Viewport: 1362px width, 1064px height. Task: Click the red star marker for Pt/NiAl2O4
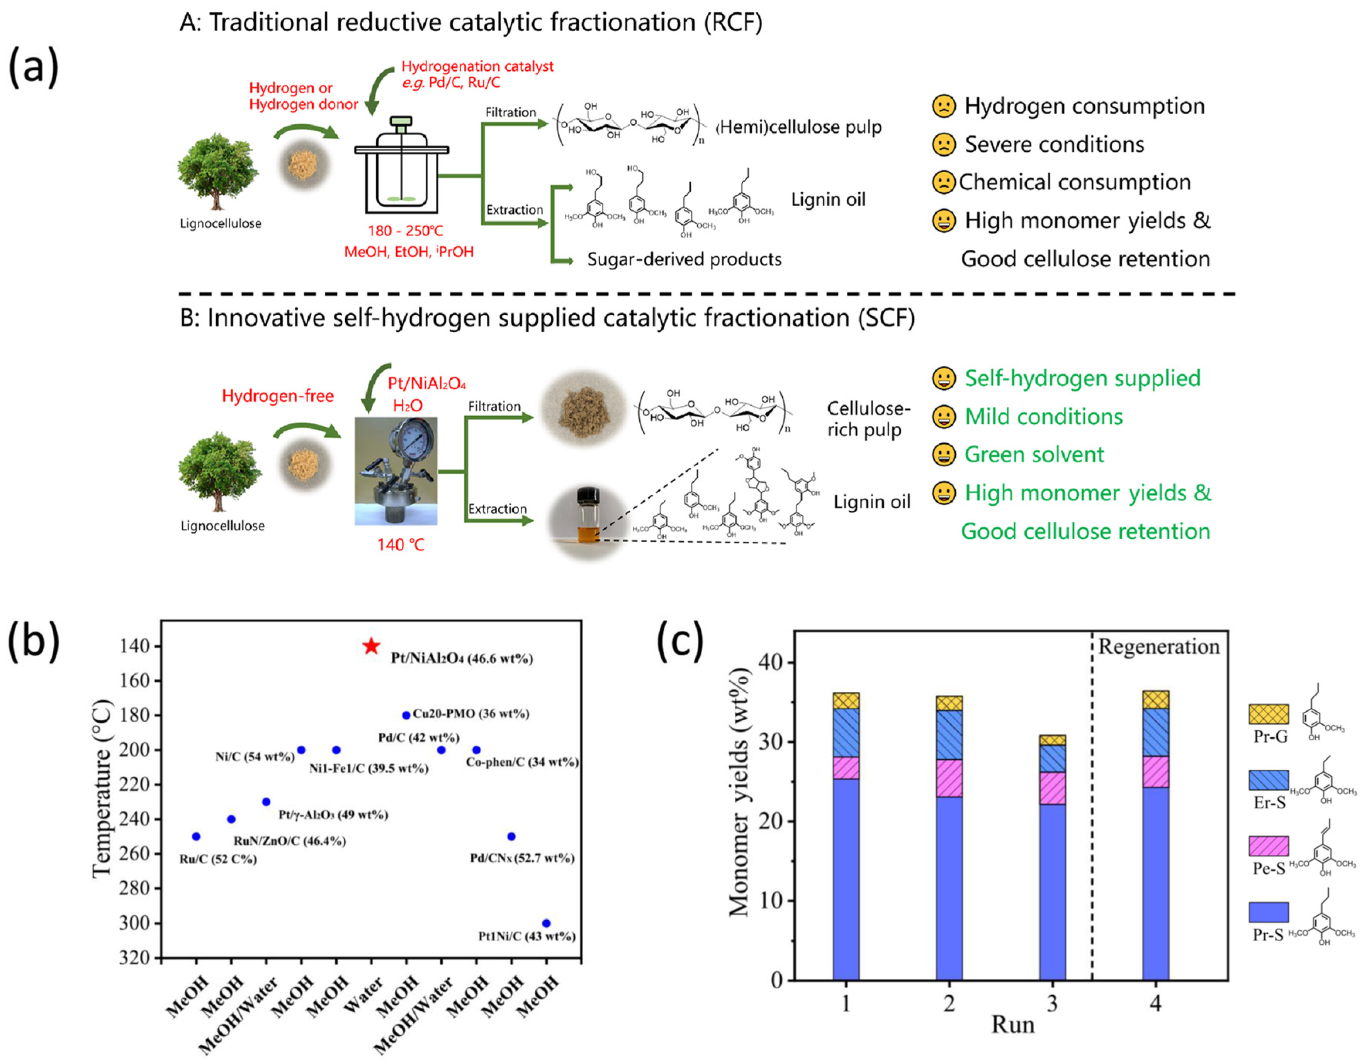[x=372, y=646]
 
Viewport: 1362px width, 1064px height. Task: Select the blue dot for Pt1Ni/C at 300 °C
[x=546, y=923]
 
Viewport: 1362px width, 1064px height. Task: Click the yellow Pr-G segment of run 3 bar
[x=1053, y=740]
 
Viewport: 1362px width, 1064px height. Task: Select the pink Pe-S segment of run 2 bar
[x=949, y=778]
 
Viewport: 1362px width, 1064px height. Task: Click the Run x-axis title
[x=1013, y=1025]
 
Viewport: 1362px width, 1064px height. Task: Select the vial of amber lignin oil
[x=588, y=516]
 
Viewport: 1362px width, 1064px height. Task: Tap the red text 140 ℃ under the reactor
[x=400, y=545]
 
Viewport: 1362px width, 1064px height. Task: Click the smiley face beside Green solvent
[x=944, y=455]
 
